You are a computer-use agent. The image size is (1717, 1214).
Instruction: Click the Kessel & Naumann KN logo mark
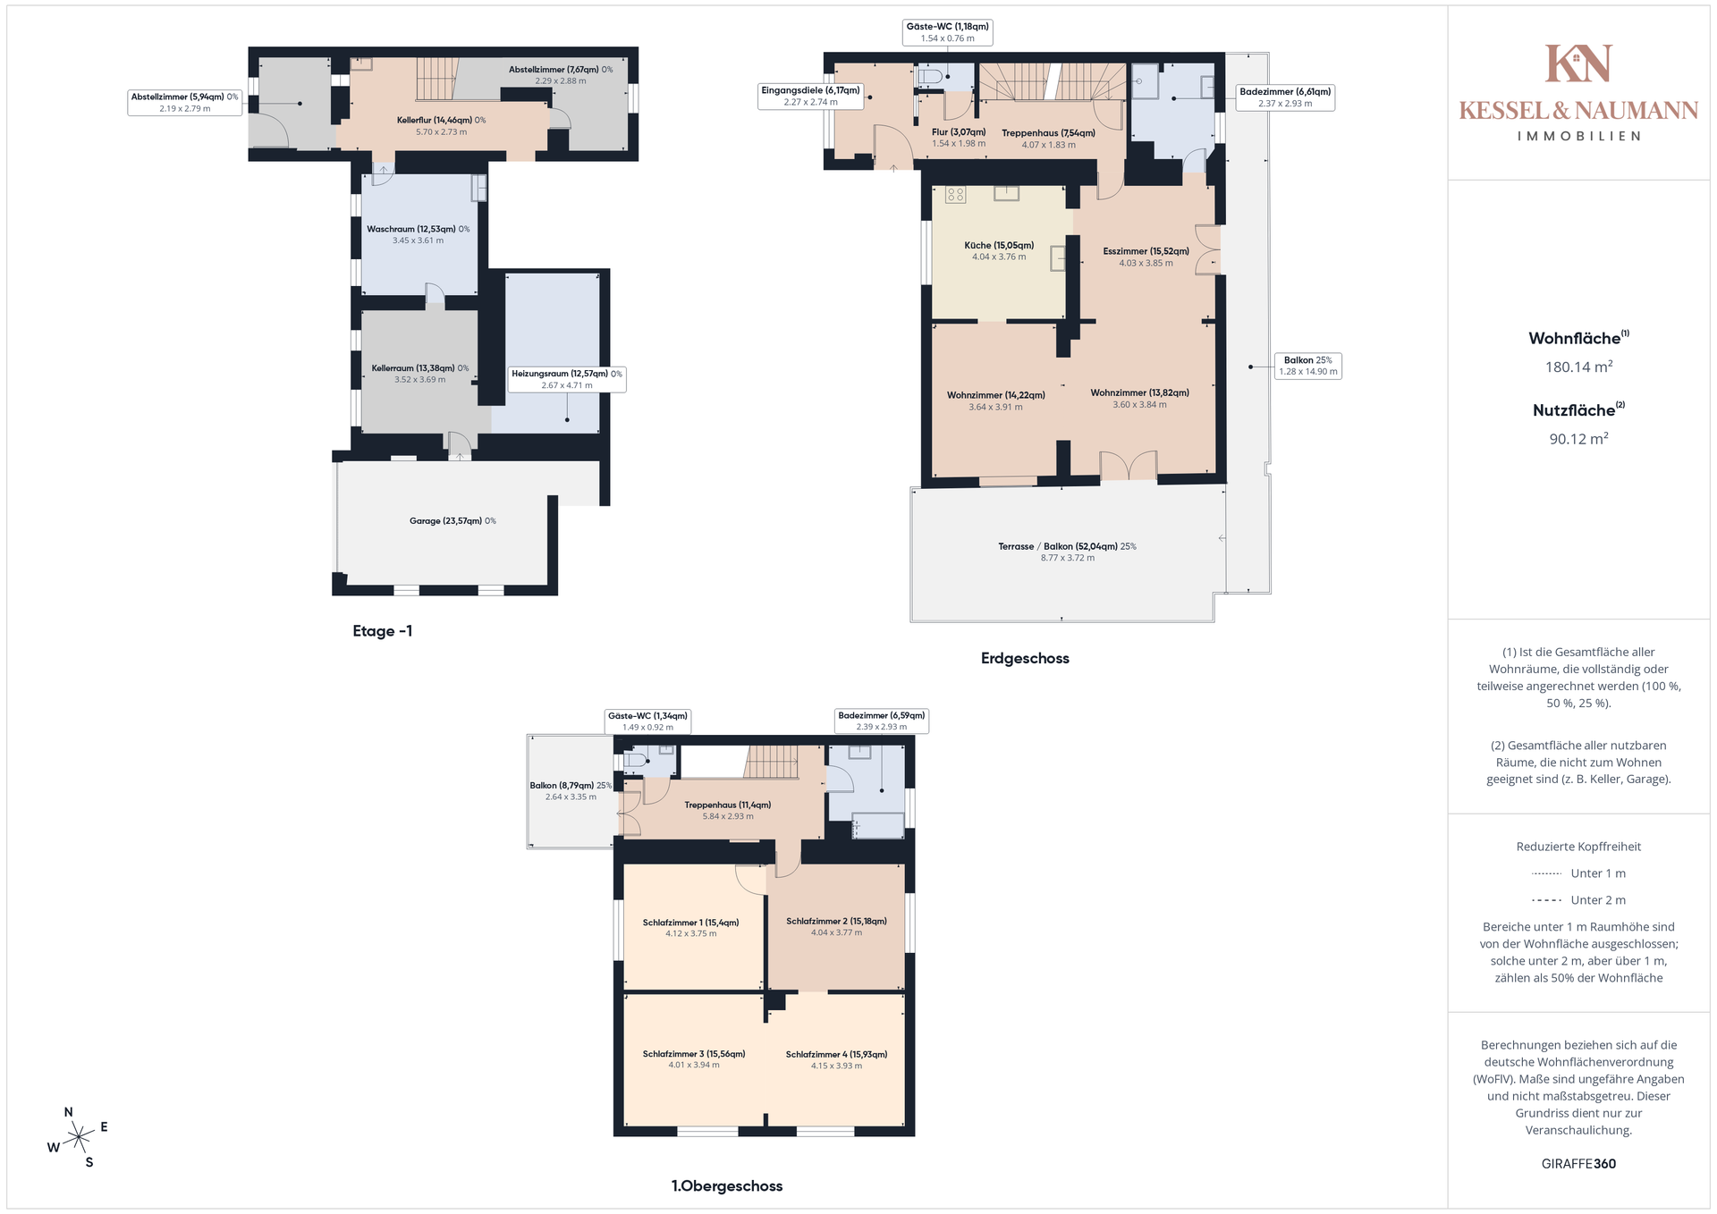pos(1578,63)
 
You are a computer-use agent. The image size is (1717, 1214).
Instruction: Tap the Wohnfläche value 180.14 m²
pos(1578,367)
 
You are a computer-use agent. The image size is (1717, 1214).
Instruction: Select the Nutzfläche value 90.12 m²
pos(1578,439)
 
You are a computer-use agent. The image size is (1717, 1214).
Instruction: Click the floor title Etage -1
pos(383,631)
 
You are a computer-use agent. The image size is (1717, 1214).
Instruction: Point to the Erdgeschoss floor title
pos(1025,659)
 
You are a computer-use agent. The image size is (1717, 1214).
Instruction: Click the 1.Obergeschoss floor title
pos(727,1186)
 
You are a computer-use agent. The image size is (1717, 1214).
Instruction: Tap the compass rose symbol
pos(79,1137)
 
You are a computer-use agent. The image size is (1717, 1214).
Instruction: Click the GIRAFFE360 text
pos(1578,1164)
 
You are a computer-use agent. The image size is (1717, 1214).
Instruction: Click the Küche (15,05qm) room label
pos(999,246)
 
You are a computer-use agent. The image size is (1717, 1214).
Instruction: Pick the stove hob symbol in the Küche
pos(955,195)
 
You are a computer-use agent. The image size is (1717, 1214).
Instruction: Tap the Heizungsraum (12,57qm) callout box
pos(567,379)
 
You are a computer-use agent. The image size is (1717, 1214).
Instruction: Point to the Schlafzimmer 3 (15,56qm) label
pos(694,1054)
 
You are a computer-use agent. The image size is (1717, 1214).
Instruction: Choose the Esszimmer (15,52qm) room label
pos(1146,252)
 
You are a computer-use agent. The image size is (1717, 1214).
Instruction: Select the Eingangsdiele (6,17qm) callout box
pos(810,96)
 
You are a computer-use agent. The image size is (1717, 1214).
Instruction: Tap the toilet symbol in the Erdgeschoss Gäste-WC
pos(929,77)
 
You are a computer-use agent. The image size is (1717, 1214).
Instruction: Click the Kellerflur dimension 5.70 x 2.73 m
pos(441,132)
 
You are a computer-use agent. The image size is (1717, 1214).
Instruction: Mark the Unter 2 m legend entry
pos(1578,900)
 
